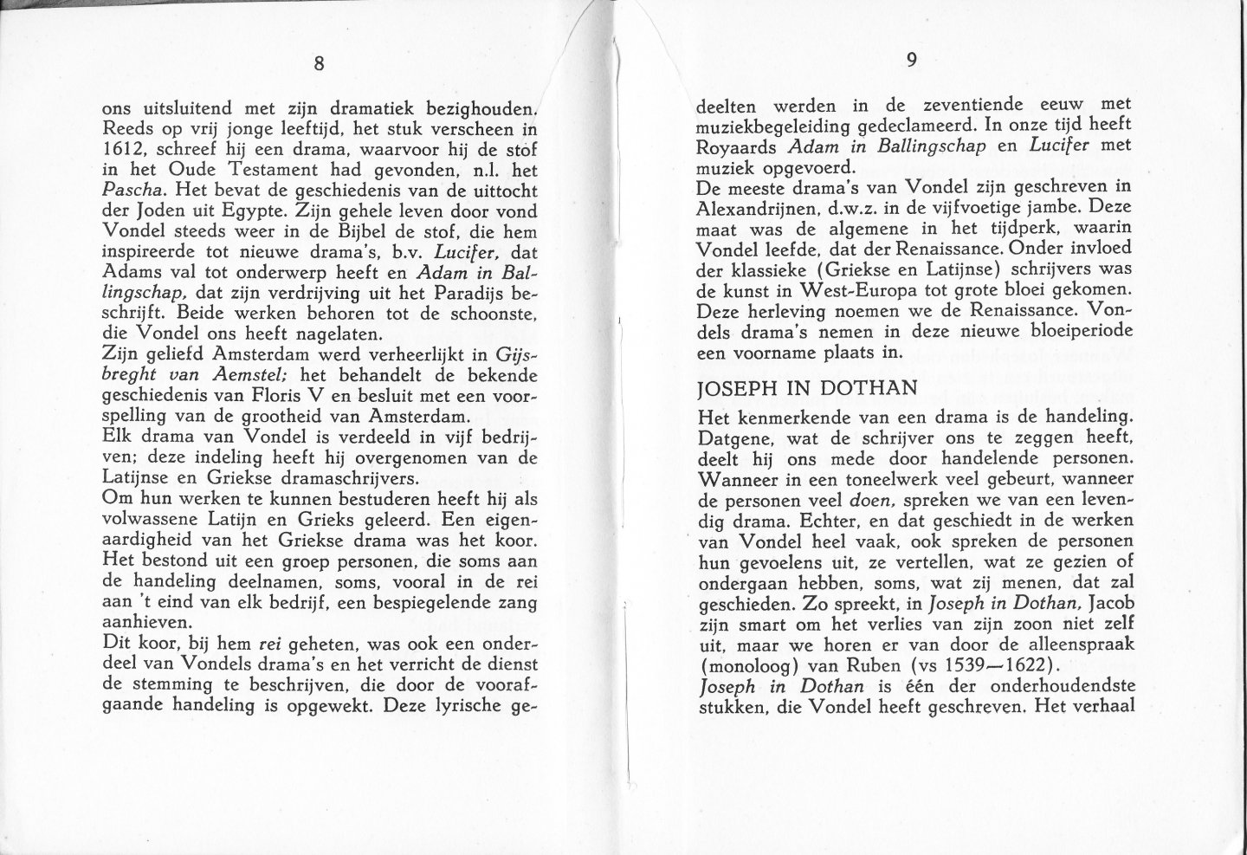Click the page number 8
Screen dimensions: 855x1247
(319, 63)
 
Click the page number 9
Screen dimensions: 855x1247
(911, 60)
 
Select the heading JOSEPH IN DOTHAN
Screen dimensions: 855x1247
(809, 390)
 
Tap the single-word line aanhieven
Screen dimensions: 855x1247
(141, 623)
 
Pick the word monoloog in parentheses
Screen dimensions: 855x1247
(746, 666)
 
